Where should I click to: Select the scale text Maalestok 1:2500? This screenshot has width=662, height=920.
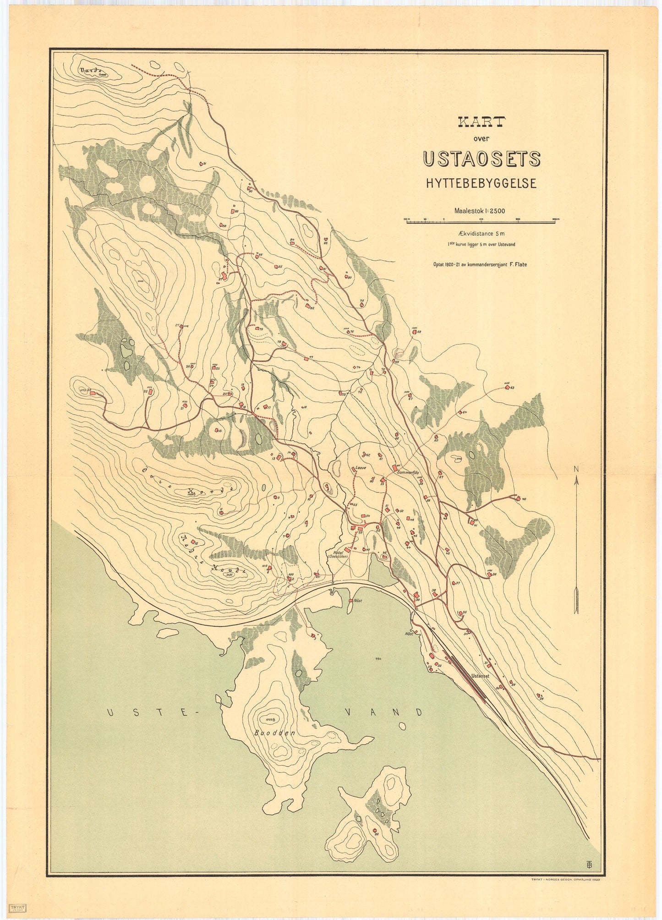coord(479,211)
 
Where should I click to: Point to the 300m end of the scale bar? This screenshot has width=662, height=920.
coord(556,222)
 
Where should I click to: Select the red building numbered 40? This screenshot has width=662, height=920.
coord(518,498)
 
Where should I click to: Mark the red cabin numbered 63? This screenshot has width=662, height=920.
coord(507,388)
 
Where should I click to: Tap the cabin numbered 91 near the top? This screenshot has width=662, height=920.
coord(202,164)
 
